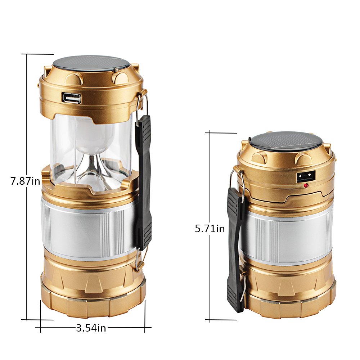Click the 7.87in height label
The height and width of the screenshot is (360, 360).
coord(25,181)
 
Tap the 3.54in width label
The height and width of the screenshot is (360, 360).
coord(91,328)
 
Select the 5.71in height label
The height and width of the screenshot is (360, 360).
coord(210,228)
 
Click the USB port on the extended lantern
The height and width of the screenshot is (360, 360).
coord(71,98)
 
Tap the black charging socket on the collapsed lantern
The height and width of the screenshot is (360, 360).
coord(305,176)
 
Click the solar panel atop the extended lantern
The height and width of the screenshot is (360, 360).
coord(91,63)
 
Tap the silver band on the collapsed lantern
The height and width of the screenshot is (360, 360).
coord(288,238)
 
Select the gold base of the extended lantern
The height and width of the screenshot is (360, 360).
coord(92,288)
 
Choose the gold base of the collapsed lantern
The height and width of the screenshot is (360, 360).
coord(288,292)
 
